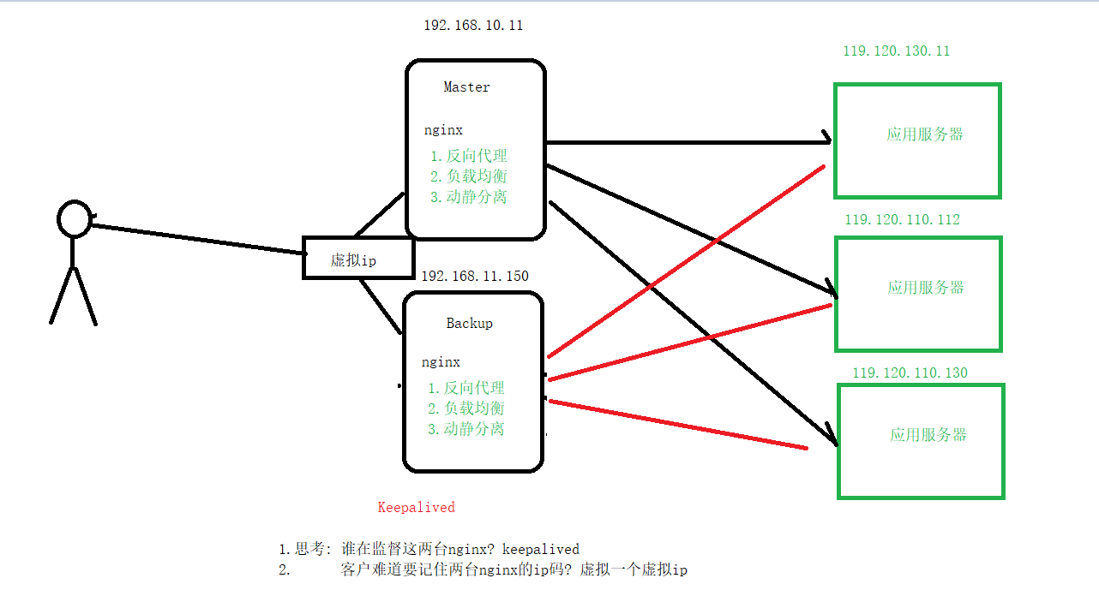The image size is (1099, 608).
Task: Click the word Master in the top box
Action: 466,87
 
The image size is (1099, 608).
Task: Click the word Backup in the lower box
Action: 469,324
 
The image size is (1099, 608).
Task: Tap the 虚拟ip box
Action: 357,259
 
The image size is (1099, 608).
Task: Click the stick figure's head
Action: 75,218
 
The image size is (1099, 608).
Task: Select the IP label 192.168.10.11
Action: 472,26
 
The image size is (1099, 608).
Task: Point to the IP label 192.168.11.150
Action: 474,276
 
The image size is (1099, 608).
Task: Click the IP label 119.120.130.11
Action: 896,51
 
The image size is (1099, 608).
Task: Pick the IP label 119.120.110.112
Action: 902,220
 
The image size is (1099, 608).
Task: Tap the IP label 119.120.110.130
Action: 910,373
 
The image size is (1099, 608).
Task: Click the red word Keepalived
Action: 416,508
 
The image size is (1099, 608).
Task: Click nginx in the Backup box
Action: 441,362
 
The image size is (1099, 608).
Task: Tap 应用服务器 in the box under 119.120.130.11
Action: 925,134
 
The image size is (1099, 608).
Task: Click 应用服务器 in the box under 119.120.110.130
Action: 928,435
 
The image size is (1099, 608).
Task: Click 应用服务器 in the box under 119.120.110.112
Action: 925,288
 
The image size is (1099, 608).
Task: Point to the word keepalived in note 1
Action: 540,550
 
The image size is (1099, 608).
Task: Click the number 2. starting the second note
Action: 285,570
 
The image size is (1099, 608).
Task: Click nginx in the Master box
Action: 442,131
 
